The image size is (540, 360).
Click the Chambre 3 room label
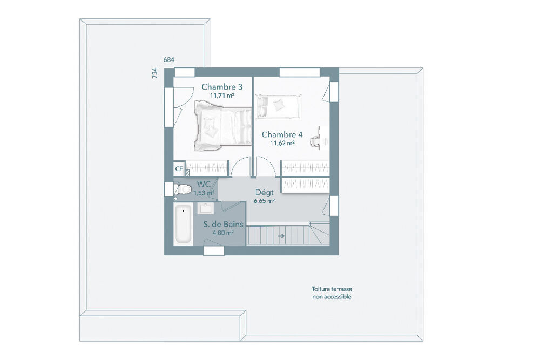click(x=222, y=87)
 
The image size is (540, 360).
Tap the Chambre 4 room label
click(x=282, y=134)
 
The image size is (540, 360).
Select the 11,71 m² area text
click(x=222, y=96)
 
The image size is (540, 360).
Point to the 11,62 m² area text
click(x=282, y=143)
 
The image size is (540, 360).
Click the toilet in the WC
click(x=183, y=189)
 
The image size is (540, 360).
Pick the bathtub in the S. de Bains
click(x=183, y=223)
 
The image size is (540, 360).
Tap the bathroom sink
click(x=206, y=208)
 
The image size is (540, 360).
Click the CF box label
click(x=179, y=169)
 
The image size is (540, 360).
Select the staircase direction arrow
click(x=281, y=236)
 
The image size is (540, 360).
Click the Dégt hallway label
click(x=264, y=192)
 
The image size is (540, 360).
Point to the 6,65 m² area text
click(x=264, y=201)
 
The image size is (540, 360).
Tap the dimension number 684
click(x=168, y=60)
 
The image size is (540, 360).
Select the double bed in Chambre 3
click(x=222, y=126)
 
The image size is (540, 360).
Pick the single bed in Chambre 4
click(x=278, y=106)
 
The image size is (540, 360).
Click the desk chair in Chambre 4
click(x=315, y=141)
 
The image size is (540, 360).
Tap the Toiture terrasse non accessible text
click(x=332, y=293)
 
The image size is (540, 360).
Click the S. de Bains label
click(x=223, y=225)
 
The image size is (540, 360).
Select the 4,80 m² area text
click(x=223, y=233)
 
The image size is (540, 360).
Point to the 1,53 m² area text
click(x=204, y=193)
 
